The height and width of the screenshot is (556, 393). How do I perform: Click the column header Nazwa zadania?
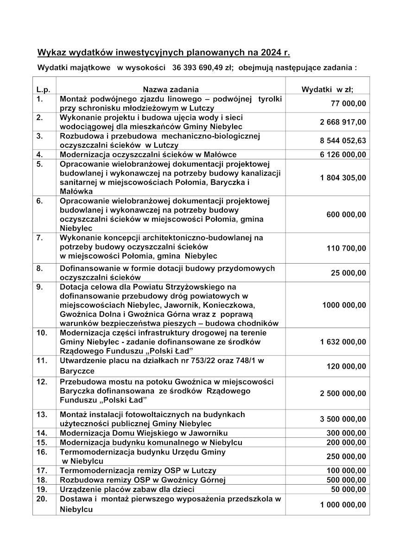pyautogui.click(x=171, y=89)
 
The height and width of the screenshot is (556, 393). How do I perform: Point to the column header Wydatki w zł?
pyautogui.click(x=327, y=89)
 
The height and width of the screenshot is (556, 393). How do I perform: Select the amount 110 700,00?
pyautogui.click(x=347, y=249)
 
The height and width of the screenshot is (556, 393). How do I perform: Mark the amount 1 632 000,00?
pyautogui.click(x=343, y=342)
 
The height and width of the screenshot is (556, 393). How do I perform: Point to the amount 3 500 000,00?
pyautogui.click(x=343, y=419)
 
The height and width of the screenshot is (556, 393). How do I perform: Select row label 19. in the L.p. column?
pyautogui.click(x=42, y=489)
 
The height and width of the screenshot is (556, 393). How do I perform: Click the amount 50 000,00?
pyautogui.click(x=349, y=489)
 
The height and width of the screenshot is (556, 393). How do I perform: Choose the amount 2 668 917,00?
pyautogui.click(x=343, y=122)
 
